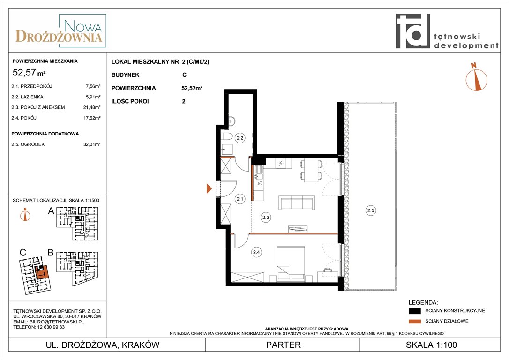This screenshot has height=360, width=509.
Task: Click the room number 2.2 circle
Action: tap(240, 138)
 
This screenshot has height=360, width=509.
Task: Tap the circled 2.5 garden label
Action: tap(370, 210)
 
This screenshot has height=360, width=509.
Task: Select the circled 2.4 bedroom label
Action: tap(256, 252)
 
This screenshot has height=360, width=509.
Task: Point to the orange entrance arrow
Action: tap(209, 188)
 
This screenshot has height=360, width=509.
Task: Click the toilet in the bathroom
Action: tap(226, 137)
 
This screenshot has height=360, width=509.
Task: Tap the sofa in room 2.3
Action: tap(297, 202)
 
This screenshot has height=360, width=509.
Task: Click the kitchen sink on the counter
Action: tap(259, 172)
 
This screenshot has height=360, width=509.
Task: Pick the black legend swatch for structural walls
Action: tap(414, 311)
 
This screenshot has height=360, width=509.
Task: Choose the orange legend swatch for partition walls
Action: tap(414, 322)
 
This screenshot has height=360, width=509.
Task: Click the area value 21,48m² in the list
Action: tap(92, 107)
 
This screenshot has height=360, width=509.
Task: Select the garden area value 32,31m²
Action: tap(92, 144)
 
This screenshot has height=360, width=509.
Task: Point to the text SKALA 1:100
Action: tap(431, 345)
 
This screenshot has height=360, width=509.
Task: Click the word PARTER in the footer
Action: tap(284, 345)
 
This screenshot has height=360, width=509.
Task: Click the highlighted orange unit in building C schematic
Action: tap(42, 272)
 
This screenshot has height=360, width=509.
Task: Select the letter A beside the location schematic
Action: tap(51, 211)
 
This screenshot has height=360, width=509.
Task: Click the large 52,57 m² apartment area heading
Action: tap(29, 72)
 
